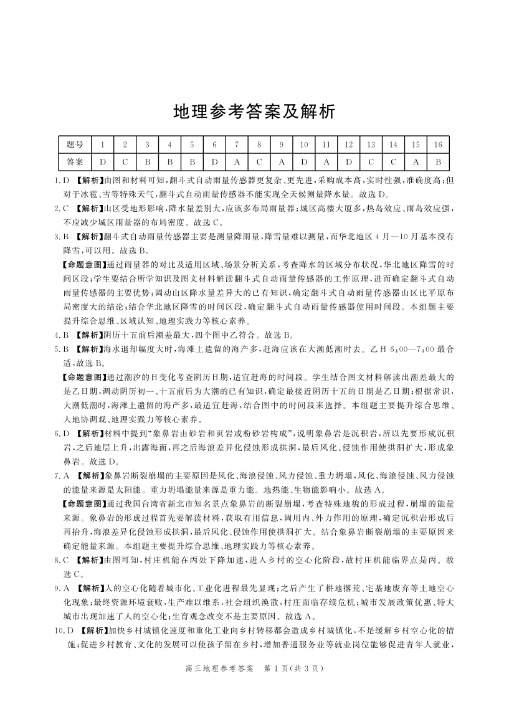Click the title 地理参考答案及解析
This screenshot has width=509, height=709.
(254, 112)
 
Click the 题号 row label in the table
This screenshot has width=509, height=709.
(74, 145)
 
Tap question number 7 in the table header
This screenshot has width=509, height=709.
(236, 145)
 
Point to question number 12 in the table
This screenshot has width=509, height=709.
(348, 145)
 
